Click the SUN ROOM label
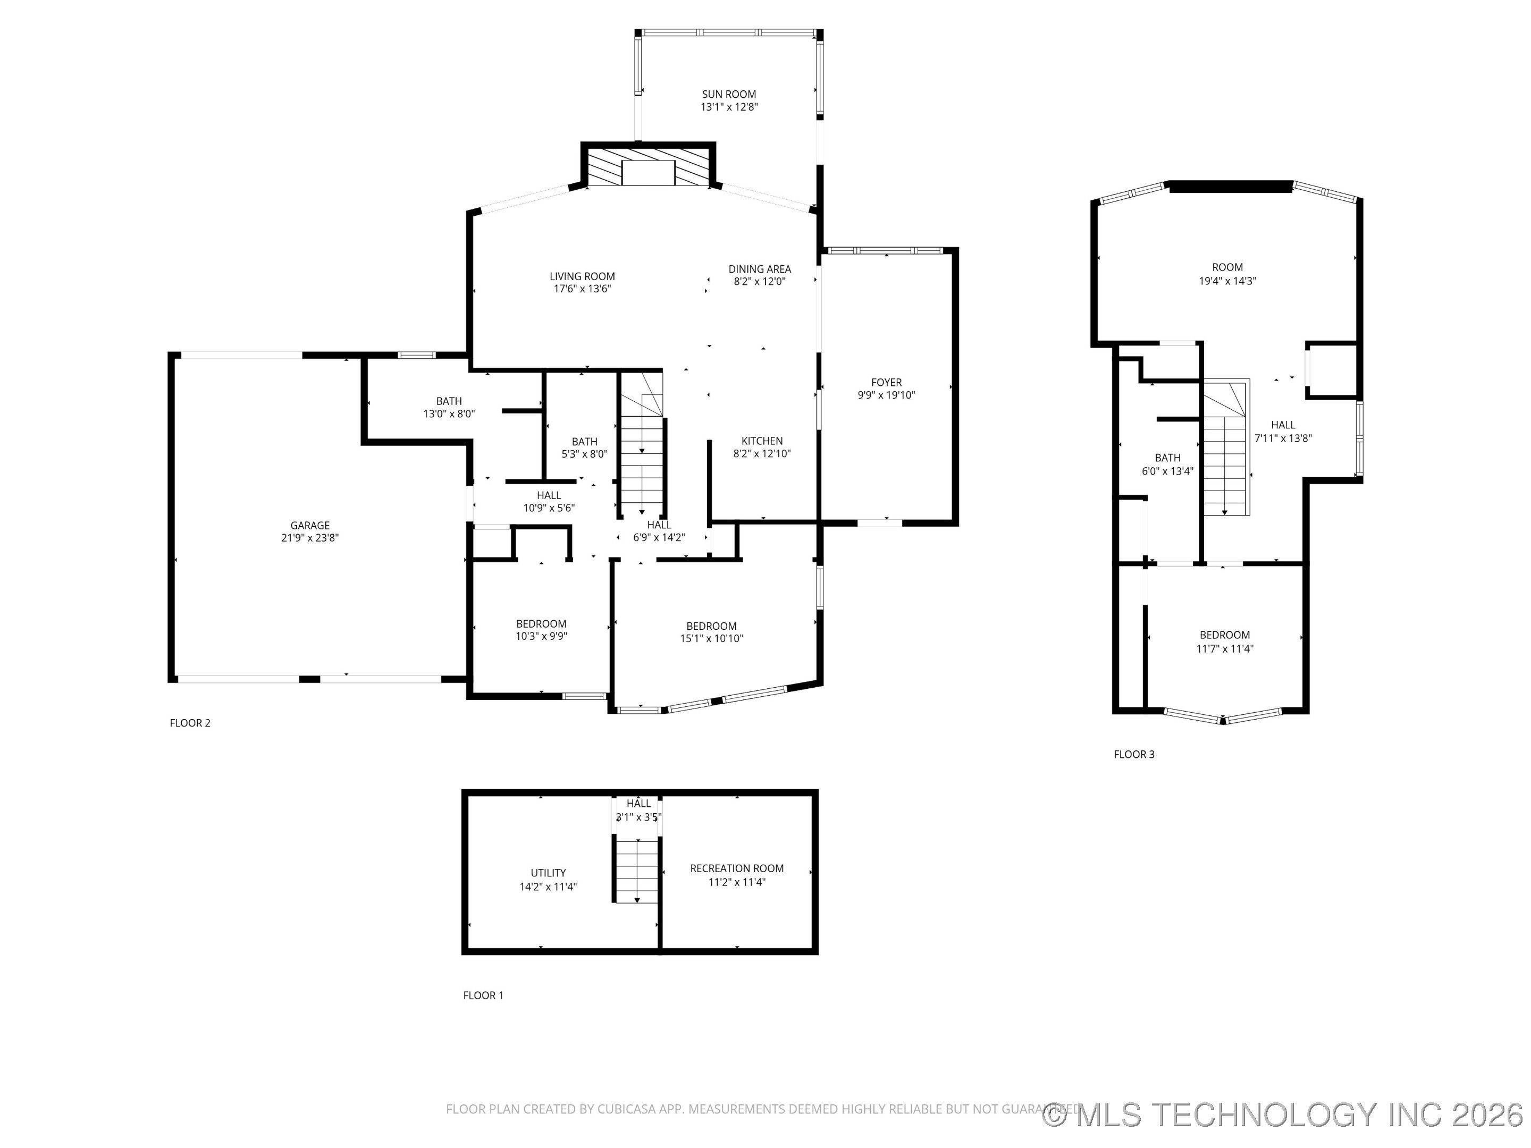(x=729, y=94)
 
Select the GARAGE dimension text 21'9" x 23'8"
(x=309, y=538)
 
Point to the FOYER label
(x=886, y=382)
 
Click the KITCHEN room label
(x=761, y=441)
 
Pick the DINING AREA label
(x=759, y=269)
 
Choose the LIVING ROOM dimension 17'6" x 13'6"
(x=582, y=289)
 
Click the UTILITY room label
(x=548, y=873)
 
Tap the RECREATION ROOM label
(x=736, y=868)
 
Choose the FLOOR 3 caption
(x=1134, y=754)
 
